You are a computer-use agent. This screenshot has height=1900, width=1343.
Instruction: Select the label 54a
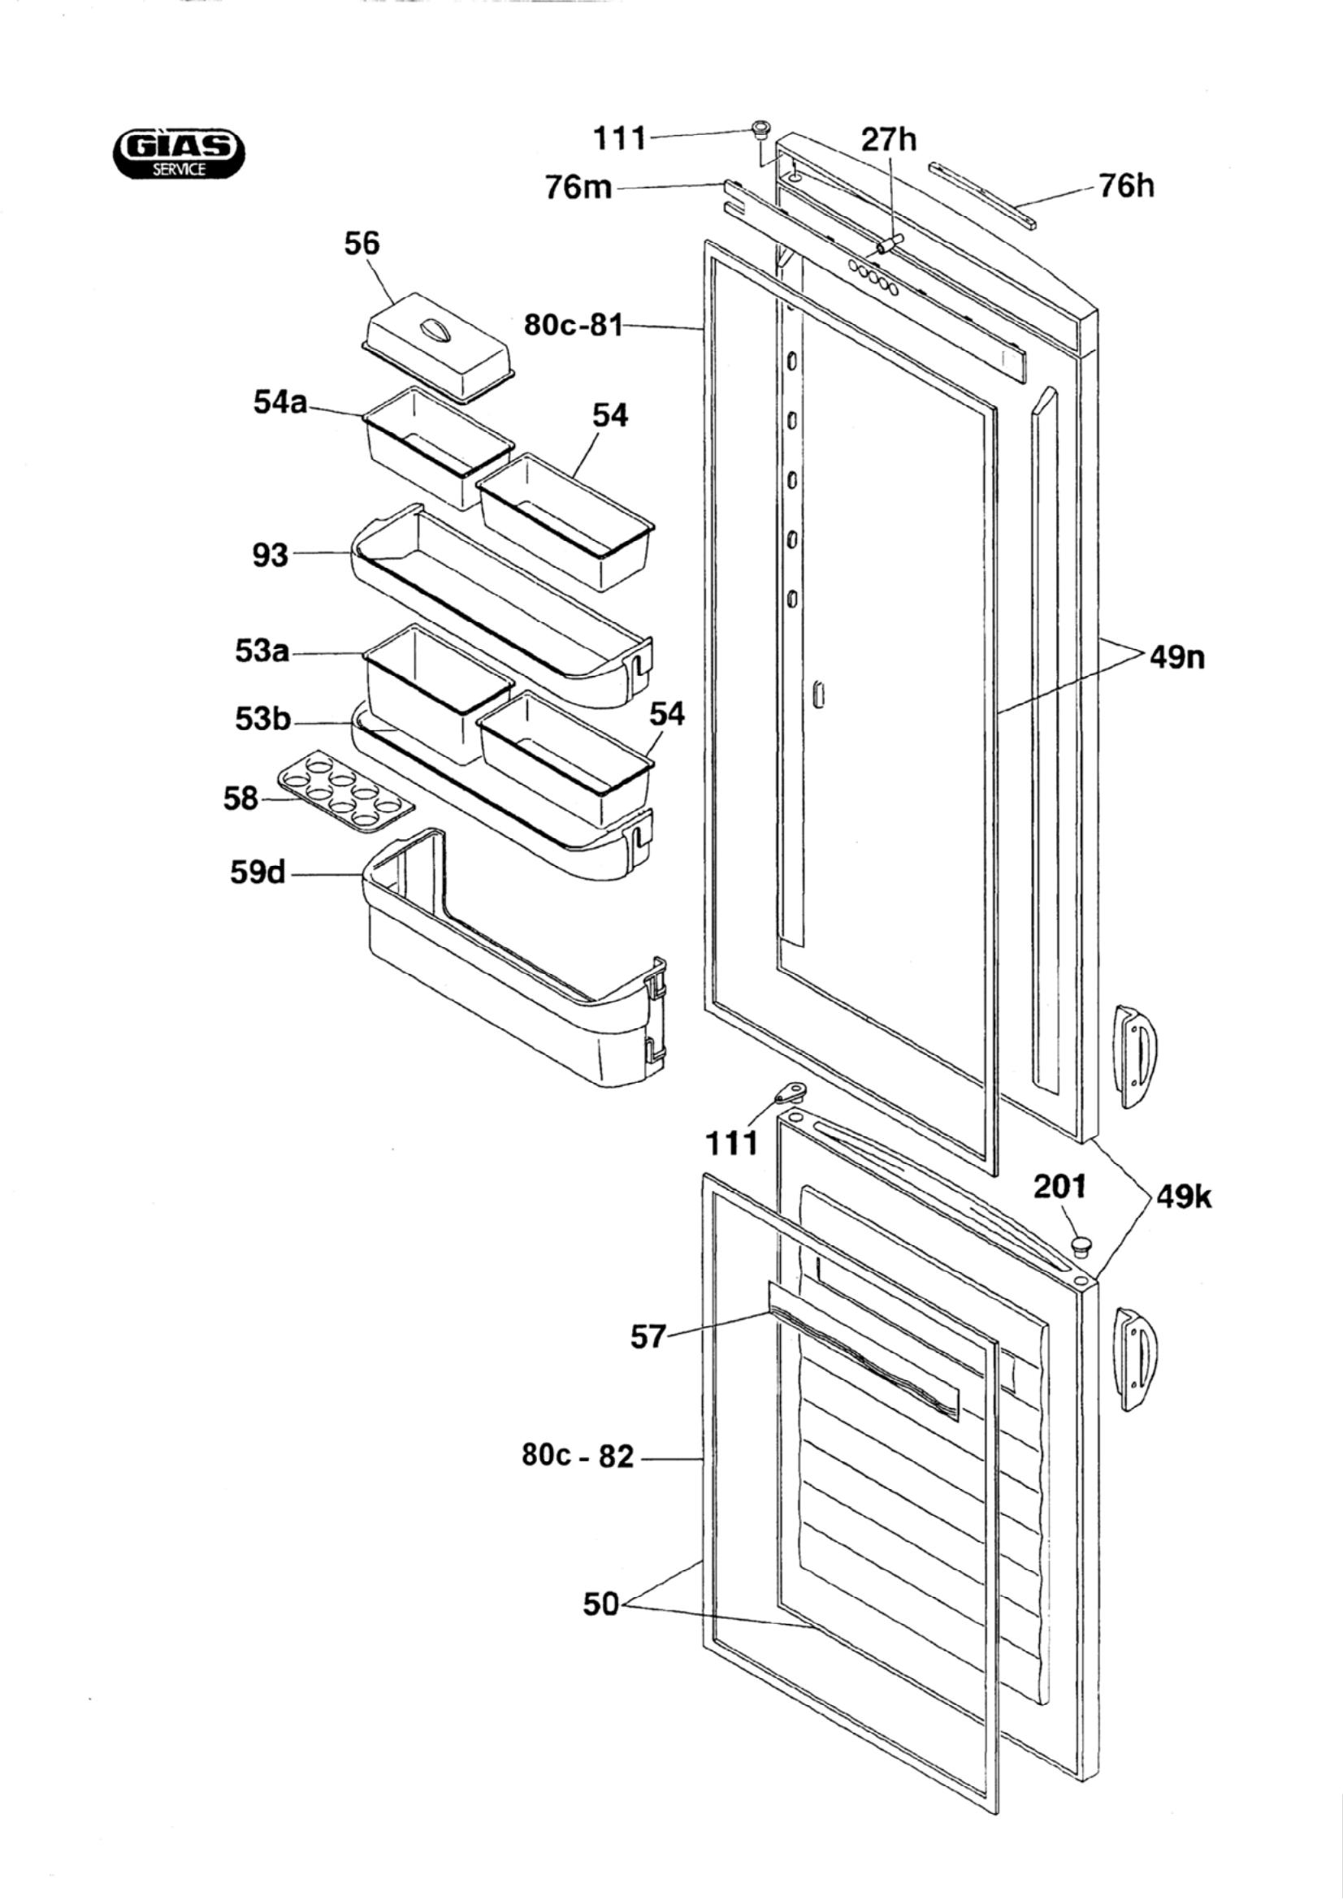(x=279, y=404)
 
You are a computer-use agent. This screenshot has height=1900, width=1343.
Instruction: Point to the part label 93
(x=271, y=555)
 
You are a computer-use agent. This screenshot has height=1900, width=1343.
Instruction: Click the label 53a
(x=262, y=652)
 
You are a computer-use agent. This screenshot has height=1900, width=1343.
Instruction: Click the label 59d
(x=258, y=872)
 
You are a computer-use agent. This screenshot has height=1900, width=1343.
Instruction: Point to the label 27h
(x=889, y=139)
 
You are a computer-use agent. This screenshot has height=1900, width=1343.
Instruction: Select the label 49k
(x=1184, y=1197)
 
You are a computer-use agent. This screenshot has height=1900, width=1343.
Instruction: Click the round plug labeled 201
(x=1081, y=1243)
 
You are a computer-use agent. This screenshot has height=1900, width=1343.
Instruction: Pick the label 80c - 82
(x=578, y=1456)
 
